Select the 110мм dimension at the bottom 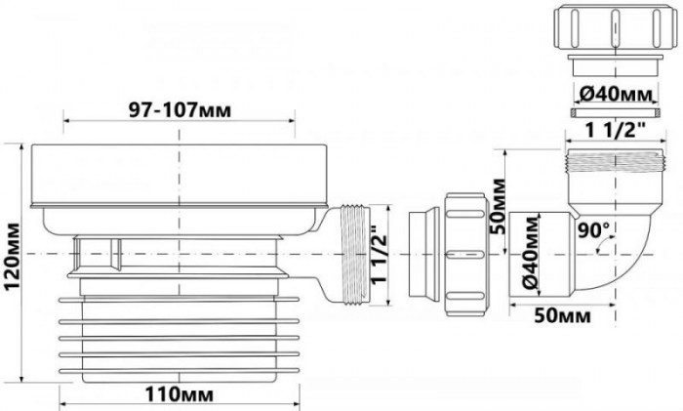[x=180, y=395]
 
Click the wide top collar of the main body [x=179, y=176]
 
